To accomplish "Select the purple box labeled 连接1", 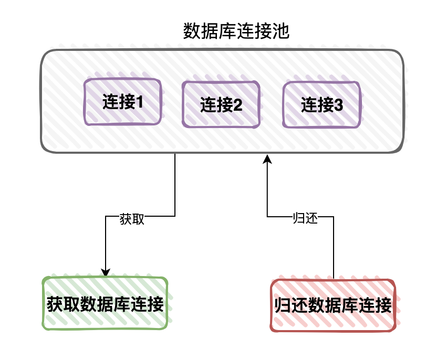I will (x=123, y=102).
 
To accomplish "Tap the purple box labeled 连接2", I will (x=221, y=105).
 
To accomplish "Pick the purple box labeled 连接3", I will (x=322, y=105).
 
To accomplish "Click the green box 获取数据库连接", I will (x=105, y=304).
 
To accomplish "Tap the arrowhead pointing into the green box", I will (x=106, y=272).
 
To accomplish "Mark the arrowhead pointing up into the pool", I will (x=267, y=158).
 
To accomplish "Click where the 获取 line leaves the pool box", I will (x=174, y=154).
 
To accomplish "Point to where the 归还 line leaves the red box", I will (x=333, y=279).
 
